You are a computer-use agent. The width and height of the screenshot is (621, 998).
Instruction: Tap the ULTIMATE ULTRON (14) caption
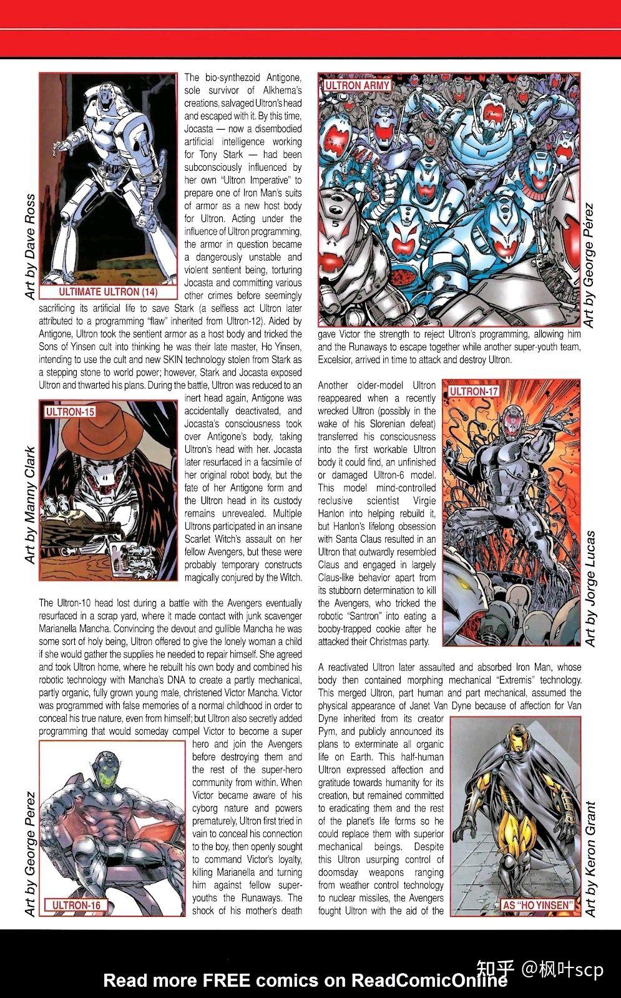(108, 292)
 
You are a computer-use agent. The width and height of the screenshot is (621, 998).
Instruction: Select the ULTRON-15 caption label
(69, 412)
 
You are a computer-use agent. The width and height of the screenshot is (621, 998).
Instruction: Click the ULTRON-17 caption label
(473, 392)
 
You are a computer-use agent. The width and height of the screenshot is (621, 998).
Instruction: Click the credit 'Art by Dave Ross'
(29, 246)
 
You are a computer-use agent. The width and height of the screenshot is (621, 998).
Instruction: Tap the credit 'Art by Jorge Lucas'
(590, 588)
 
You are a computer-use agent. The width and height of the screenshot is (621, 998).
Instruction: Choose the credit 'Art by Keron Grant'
(590, 858)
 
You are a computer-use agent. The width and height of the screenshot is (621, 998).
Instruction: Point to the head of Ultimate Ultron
(106, 97)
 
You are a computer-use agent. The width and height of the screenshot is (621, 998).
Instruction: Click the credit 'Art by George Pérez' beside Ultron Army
(590, 264)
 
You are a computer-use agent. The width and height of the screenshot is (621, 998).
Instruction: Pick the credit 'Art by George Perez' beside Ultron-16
(29, 854)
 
